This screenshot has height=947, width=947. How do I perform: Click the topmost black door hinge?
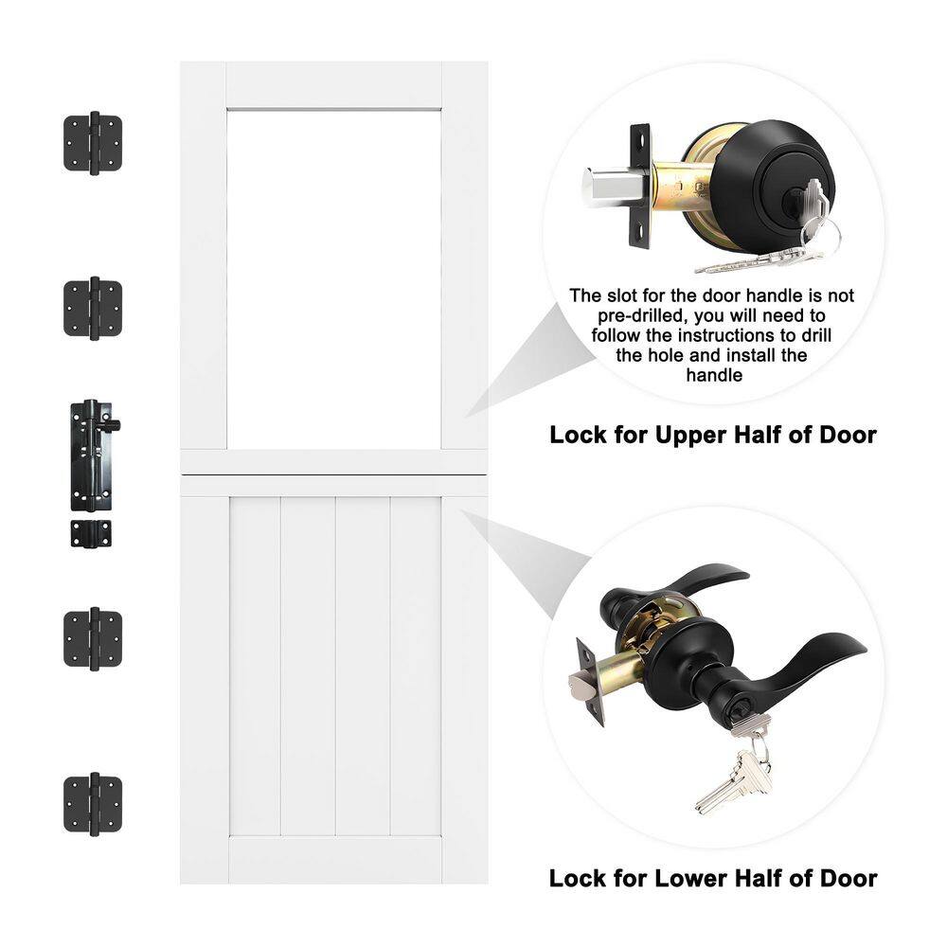coord(93,143)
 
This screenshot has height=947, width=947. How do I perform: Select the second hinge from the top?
coord(93,308)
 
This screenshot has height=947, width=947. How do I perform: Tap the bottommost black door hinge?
coord(93,804)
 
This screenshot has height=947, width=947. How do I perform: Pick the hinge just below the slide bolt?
coord(93,639)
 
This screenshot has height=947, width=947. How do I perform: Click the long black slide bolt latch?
coord(92,456)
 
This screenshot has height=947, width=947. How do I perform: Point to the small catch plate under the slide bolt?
coord(91,533)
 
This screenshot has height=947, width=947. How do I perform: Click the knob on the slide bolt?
coord(113,425)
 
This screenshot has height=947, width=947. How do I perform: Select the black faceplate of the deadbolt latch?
coord(641,186)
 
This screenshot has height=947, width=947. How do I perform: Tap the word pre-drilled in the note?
coord(642,316)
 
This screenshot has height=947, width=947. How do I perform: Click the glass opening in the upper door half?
coord(334,279)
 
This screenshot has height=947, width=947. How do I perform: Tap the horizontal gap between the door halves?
coord(334,476)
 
